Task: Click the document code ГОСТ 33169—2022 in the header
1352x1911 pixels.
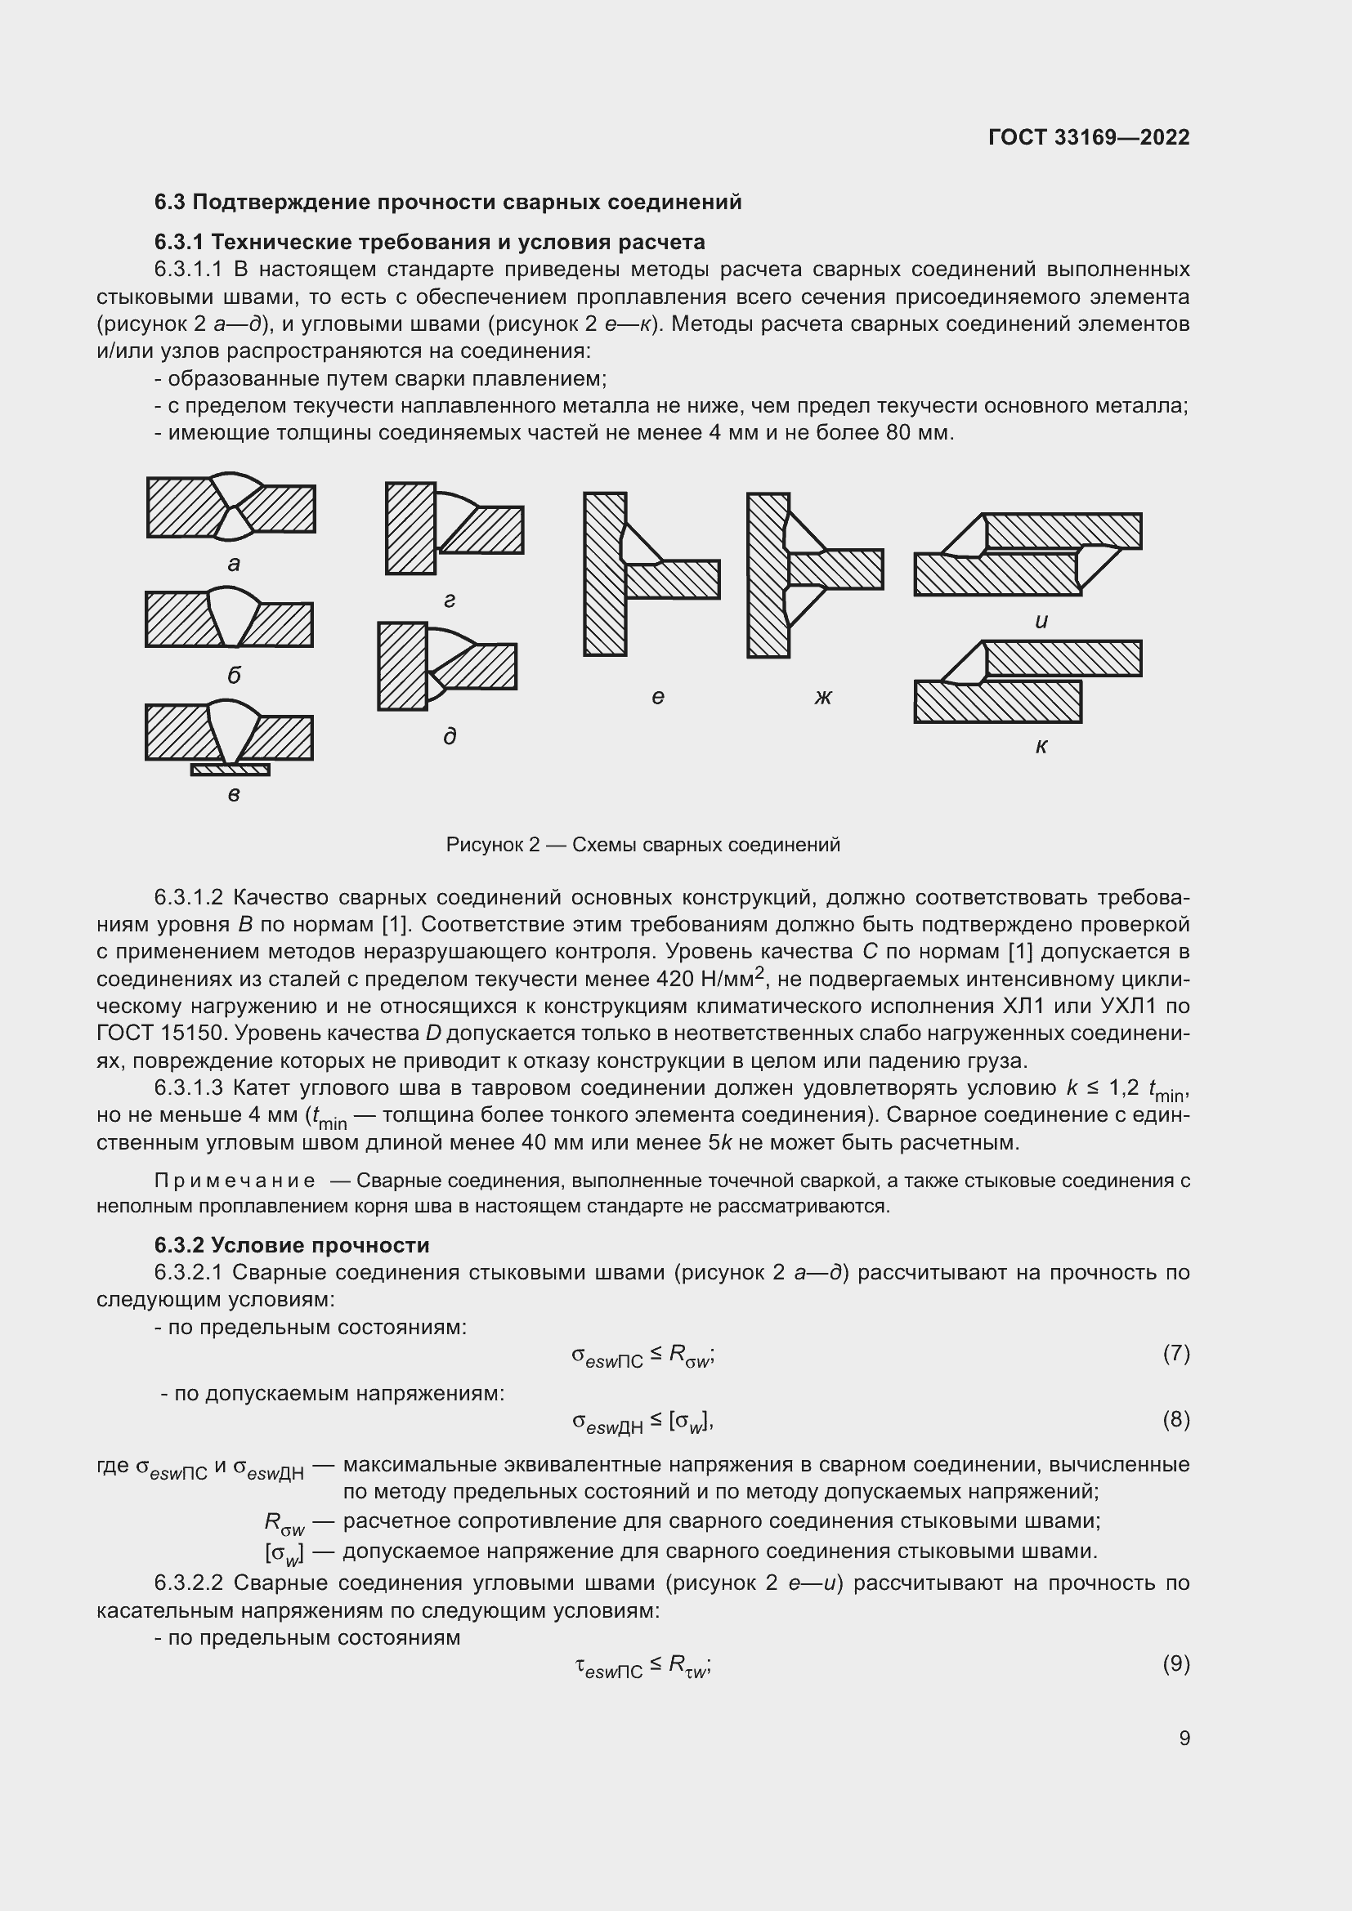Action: (x=1088, y=137)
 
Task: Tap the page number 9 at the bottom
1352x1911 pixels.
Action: (x=1184, y=1738)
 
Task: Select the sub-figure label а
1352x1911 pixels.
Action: (x=234, y=565)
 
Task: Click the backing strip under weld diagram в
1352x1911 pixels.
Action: (x=231, y=770)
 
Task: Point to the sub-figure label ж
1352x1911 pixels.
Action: (x=822, y=697)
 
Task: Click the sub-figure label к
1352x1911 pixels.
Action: (x=1041, y=747)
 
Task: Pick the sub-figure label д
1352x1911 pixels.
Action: (x=450, y=736)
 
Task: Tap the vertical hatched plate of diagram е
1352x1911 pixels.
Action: (x=604, y=574)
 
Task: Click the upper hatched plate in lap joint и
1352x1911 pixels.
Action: (x=1063, y=531)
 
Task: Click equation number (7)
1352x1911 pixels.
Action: (x=1175, y=1354)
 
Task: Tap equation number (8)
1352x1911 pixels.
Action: (x=1175, y=1420)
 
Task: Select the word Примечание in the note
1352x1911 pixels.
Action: (x=235, y=1181)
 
